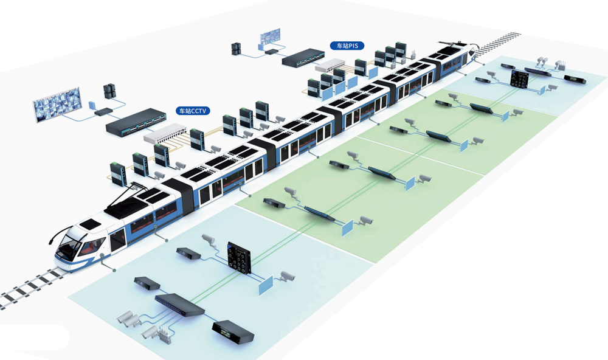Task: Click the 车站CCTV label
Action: pyautogui.click(x=193, y=111)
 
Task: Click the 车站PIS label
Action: pyautogui.click(x=347, y=46)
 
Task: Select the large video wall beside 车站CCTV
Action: pyautogui.click(x=57, y=104)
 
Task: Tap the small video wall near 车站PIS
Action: pyautogui.click(x=271, y=37)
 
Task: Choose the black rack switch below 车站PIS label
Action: pyautogui.click(x=303, y=58)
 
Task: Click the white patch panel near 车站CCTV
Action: pyautogui.click(x=165, y=133)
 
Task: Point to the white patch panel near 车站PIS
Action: pyautogui.click(x=330, y=65)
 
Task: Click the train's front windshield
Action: pyautogui.click(x=70, y=246)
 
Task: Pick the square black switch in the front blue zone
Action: pyautogui.click(x=239, y=258)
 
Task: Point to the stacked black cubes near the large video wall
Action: pyautogui.click(x=109, y=91)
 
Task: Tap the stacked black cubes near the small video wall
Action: pyautogui.click(x=237, y=49)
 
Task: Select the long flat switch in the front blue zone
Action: pyautogui.click(x=179, y=304)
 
